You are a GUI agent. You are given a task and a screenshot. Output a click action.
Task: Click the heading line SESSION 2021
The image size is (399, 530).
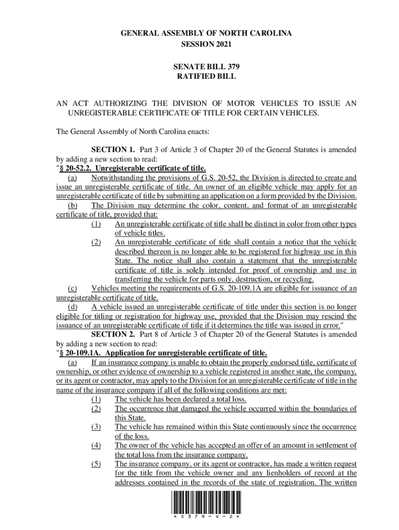tap(206, 45)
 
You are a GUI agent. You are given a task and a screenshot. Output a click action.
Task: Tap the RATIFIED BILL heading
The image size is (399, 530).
tap(206, 77)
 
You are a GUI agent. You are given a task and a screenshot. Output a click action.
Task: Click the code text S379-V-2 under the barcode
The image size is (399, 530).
tap(206, 517)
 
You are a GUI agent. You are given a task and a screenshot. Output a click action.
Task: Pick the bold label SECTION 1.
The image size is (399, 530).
tap(110, 150)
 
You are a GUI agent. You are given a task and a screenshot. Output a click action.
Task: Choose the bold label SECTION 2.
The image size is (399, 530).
tap(110, 334)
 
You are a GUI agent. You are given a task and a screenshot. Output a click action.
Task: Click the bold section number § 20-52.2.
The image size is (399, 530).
tap(76, 169)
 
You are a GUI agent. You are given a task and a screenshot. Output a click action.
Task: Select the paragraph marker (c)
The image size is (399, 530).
tap(73, 288)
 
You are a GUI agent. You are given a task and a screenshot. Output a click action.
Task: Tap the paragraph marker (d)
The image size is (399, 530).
tap(73, 306)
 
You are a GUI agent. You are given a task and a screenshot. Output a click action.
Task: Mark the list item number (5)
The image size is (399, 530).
tap(95, 464)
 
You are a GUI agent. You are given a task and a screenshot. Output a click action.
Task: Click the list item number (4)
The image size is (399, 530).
tap(95, 445)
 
